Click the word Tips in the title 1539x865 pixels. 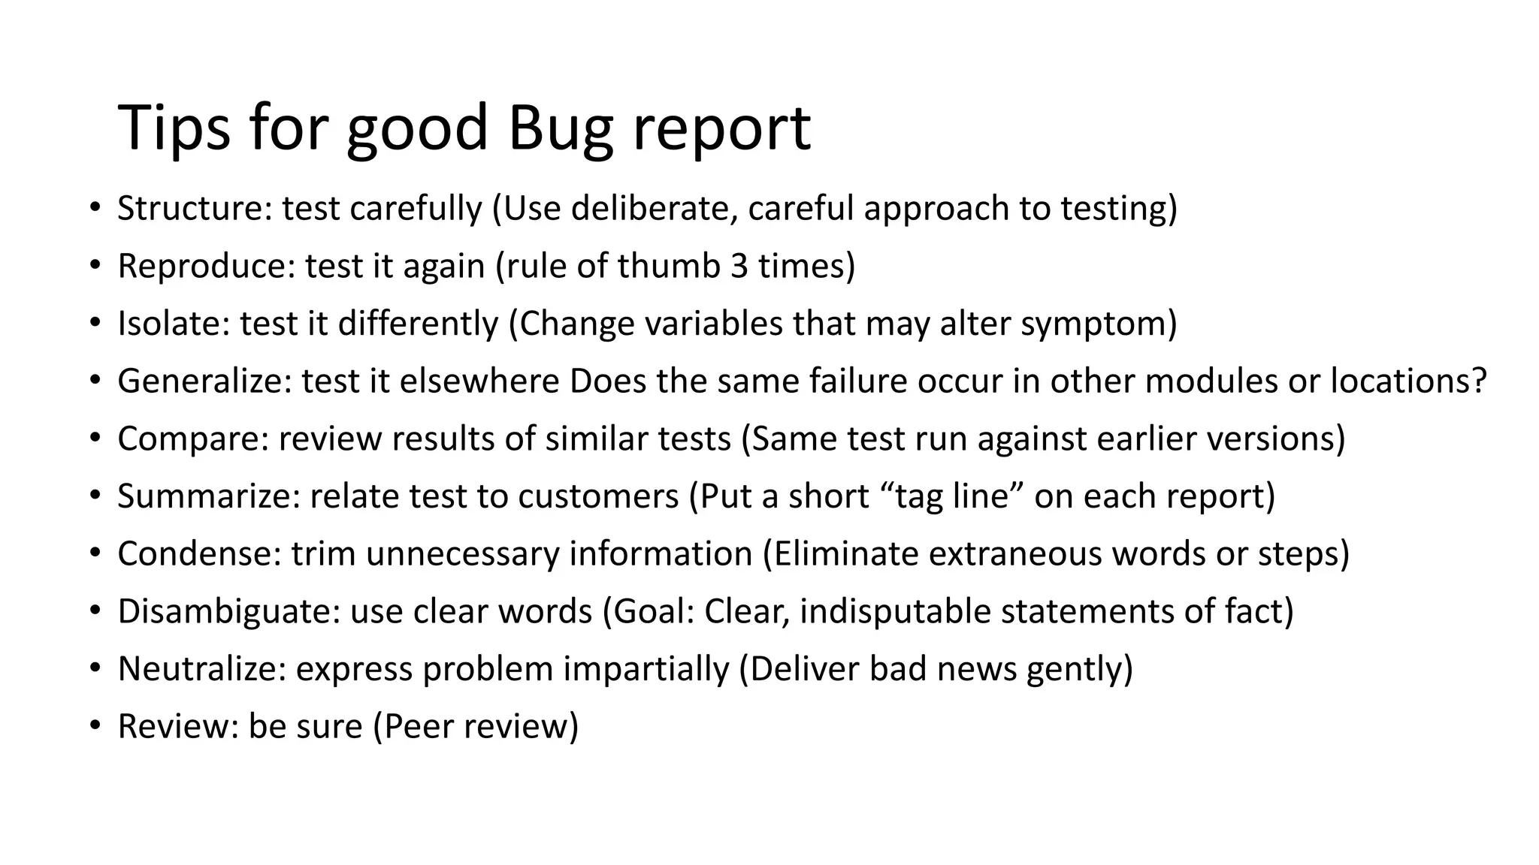point(174,128)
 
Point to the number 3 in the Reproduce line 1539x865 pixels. point(739,266)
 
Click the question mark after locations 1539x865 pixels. point(1479,381)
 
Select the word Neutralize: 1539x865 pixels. point(201,669)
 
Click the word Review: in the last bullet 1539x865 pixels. point(177,726)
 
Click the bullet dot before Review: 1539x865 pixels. point(94,726)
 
